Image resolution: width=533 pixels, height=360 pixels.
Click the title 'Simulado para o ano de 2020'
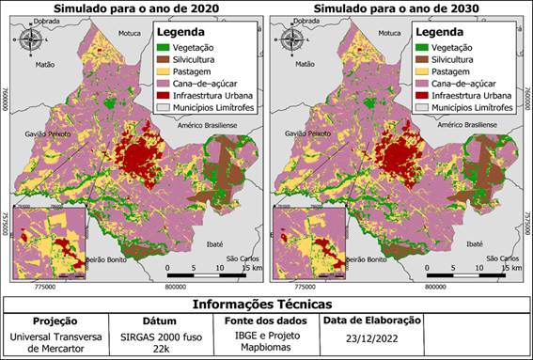coord(132,8)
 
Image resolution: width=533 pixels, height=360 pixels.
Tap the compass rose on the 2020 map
coord(31,40)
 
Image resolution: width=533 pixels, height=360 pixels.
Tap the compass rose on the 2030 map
coord(290,40)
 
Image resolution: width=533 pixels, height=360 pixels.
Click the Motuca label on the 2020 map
coord(129,33)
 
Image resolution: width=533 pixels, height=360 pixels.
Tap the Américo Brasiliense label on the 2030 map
coord(465,125)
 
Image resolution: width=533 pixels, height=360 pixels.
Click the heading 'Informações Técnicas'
coord(266,304)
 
